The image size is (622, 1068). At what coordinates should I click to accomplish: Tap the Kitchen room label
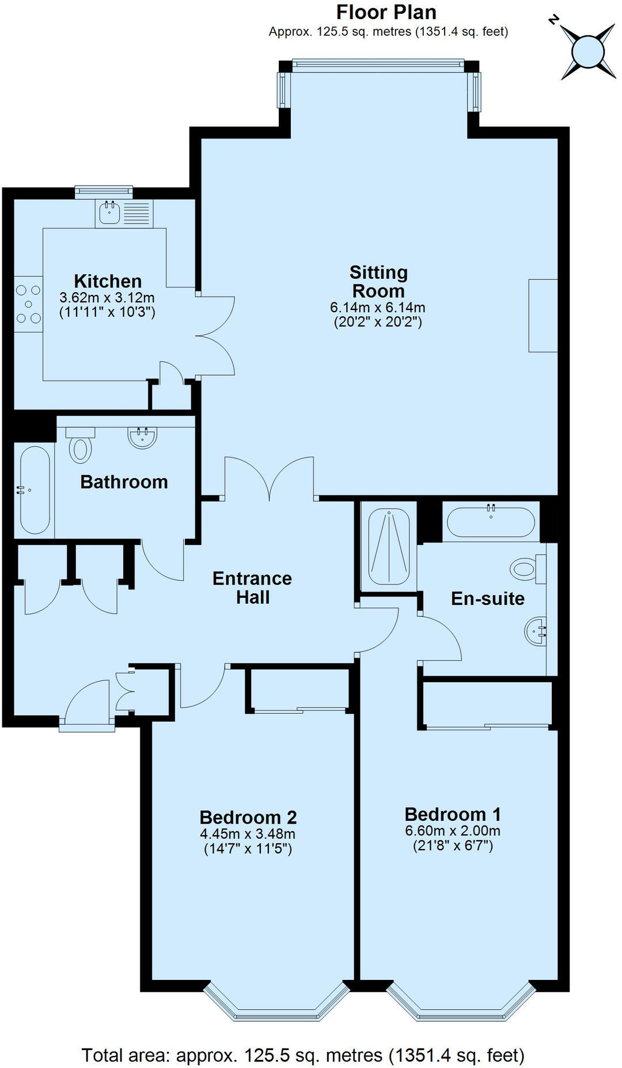[108, 281]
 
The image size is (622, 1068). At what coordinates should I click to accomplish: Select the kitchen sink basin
[109, 213]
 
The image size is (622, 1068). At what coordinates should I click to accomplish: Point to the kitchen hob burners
[28, 304]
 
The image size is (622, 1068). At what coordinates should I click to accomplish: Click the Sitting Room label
[378, 281]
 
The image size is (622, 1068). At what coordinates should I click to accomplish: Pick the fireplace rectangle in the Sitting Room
[543, 315]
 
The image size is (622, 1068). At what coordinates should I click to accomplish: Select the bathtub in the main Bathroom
[35, 490]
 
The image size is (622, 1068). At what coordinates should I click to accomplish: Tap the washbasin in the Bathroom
[142, 438]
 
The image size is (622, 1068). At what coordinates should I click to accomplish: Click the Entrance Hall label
[252, 588]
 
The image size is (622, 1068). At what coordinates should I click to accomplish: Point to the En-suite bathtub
[491, 522]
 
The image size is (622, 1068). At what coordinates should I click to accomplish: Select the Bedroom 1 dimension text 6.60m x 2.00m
[453, 831]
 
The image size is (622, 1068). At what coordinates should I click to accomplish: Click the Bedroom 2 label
[248, 817]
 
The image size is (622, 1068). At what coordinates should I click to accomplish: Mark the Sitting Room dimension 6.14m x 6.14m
[378, 308]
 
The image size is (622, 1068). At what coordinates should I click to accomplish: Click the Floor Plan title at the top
[386, 12]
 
